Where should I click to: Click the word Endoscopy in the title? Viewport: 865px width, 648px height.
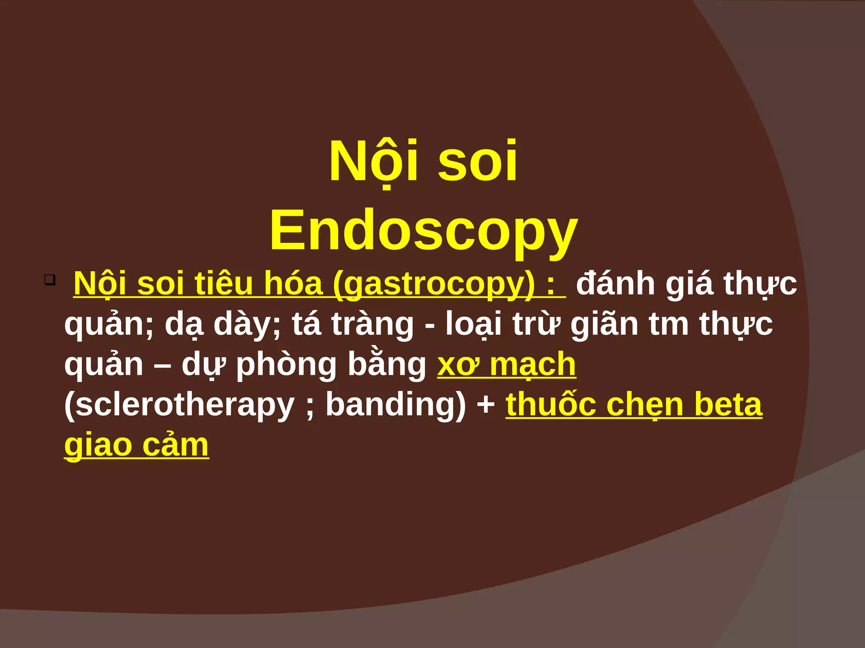tap(424, 231)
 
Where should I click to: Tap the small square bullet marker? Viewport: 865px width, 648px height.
tap(50, 280)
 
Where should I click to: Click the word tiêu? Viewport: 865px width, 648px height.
tap(223, 283)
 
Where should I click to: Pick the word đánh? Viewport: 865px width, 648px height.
tap(616, 283)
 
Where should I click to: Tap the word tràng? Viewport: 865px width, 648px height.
tap(372, 324)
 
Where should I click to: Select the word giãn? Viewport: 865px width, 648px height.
tap(604, 324)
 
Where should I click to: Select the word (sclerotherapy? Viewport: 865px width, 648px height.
tap(180, 405)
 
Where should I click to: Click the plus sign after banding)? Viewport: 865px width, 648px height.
tap(486, 405)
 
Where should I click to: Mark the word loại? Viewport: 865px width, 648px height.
tap(473, 324)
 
